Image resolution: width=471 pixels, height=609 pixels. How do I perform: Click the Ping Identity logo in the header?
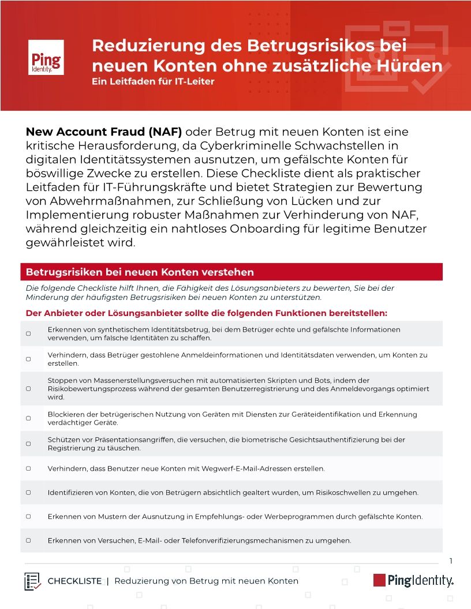click(46, 57)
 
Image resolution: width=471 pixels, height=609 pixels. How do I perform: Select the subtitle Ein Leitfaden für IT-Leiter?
click(153, 81)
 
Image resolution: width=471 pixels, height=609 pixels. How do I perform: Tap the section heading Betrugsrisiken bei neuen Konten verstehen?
click(140, 272)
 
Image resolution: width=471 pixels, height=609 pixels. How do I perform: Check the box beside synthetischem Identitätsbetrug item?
click(28, 334)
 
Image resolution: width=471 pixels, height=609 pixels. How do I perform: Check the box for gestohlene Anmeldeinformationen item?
click(28, 359)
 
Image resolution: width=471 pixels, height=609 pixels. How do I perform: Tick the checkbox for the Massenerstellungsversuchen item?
click(28, 389)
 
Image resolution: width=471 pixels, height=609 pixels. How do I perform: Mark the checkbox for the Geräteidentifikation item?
click(28, 418)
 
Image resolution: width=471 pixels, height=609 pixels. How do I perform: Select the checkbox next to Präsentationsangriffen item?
click(28, 443)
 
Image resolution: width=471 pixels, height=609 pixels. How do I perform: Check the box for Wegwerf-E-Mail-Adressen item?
click(28, 469)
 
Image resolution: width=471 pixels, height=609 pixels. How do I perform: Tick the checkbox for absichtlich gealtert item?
click(28, 493)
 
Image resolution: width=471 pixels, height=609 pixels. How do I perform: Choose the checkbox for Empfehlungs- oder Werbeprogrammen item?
click(28, 517)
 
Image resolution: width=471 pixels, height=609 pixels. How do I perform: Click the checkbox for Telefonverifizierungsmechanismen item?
click(28, 540)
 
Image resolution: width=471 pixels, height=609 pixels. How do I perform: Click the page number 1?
click(450, 561)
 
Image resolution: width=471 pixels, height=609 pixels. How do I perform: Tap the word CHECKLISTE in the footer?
click(74, 581)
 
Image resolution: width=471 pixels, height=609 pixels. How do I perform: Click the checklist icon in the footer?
click(32, 581)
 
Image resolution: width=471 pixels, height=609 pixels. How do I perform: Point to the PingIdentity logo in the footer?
click(413, 580)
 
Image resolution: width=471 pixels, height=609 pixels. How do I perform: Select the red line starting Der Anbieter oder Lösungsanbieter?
click(206, 313)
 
